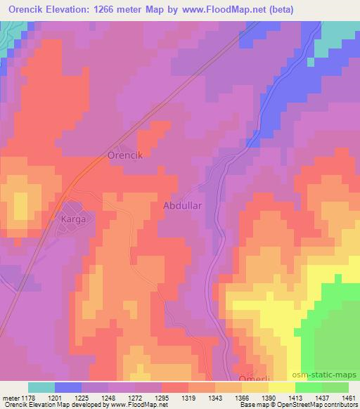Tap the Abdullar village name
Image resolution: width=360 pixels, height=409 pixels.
coord(183,205)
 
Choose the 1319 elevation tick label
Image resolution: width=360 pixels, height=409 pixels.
coord(188,397)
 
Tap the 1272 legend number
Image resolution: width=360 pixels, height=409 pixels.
coord(135,397)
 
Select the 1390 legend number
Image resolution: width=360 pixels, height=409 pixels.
coord(268,397)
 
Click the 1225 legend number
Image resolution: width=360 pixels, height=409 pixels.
coord(82,397)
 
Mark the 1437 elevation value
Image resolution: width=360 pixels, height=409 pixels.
coord(321,397)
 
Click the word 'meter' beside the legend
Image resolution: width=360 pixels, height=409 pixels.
coord(9,397)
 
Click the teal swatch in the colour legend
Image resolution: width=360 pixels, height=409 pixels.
coord(42,387)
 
